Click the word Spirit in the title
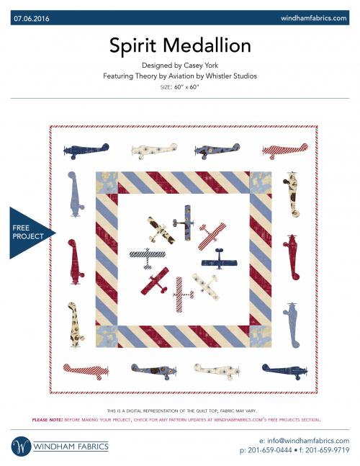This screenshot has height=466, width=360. (134, 45)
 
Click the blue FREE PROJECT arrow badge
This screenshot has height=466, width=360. (30, 232)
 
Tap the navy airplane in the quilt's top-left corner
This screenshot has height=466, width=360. (77, 151)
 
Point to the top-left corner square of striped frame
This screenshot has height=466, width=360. (106, 182)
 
